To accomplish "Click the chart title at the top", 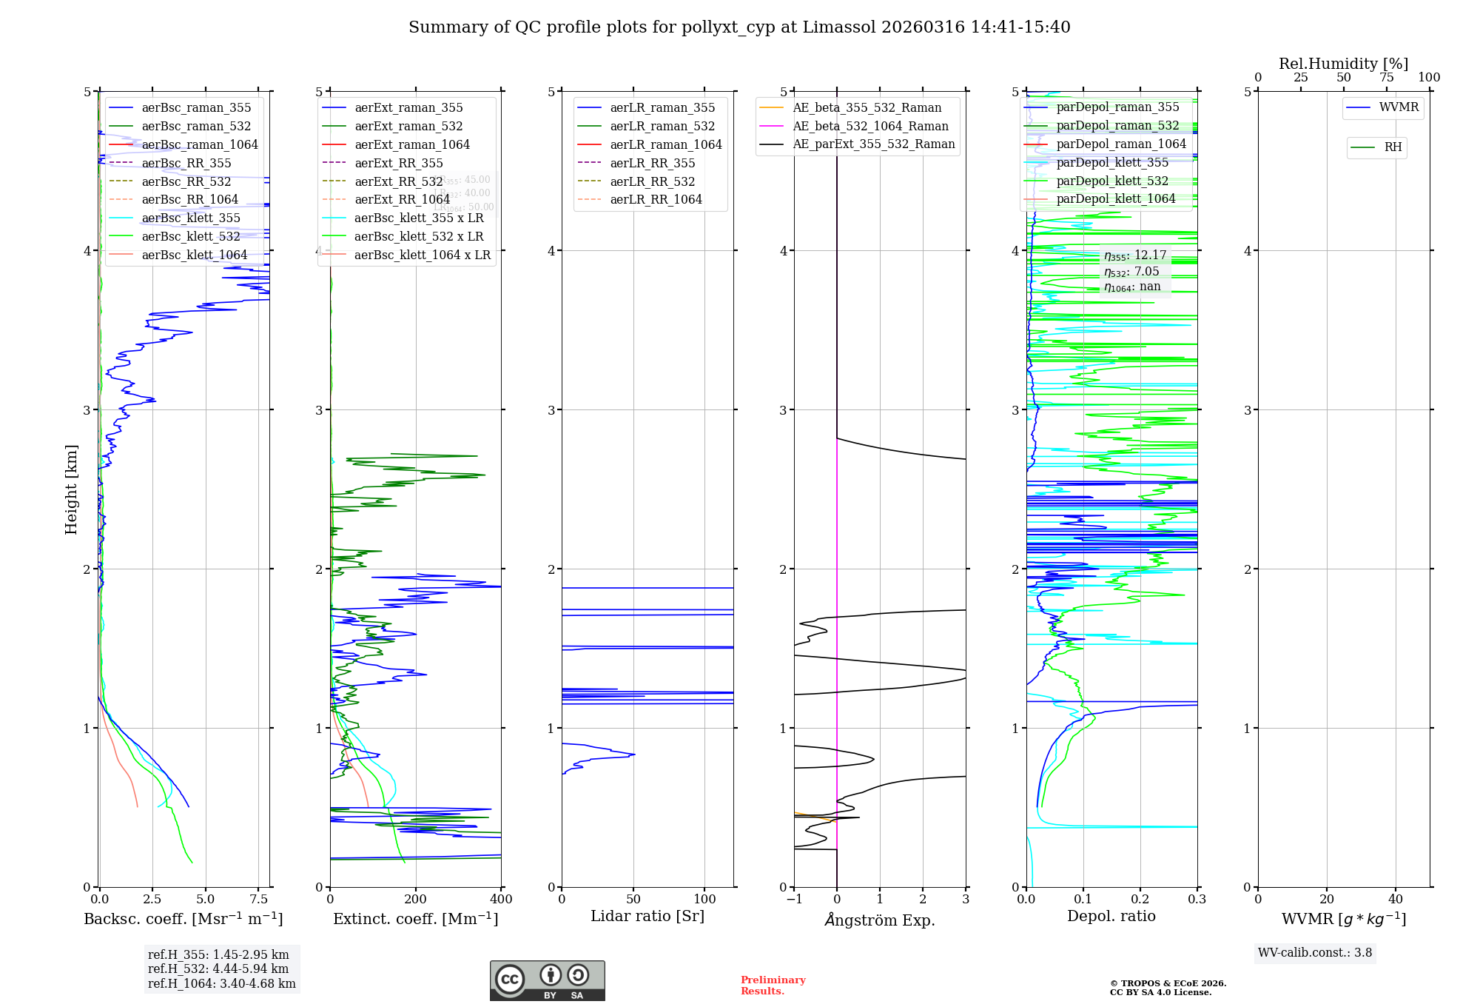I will (x=739, y=27).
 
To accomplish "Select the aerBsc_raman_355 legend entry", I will (x=196, y=108).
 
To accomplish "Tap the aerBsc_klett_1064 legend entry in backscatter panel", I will (x=194, y=255).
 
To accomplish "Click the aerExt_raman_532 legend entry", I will (x=408, y=127).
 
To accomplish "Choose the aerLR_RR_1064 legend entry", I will (x=656, y=199).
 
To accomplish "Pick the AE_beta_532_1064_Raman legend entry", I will (x=870, y=127).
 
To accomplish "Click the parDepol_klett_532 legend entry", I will (x=1111, y=181).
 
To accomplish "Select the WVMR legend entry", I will (x=1399, y=107).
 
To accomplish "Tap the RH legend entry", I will (x=1393, y=147).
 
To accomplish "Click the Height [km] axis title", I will (x=71, y=489).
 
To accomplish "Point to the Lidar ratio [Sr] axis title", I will (x=647, y=916).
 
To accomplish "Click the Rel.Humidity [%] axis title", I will (x=1343, y=64).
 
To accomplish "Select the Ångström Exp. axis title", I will (x=880, y=920).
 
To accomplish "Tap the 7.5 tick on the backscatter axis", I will (x=259, y=900).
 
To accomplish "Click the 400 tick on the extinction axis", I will (x=501, y=900).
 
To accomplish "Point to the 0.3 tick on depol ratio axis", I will (x=1197, y=900).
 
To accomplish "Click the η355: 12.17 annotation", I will (x=1134, y=255).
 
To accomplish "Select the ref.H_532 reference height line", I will (x=218, y=968).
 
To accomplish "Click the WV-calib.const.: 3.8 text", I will (x=1315, y=953).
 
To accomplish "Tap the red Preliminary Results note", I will (x=773, y=986).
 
